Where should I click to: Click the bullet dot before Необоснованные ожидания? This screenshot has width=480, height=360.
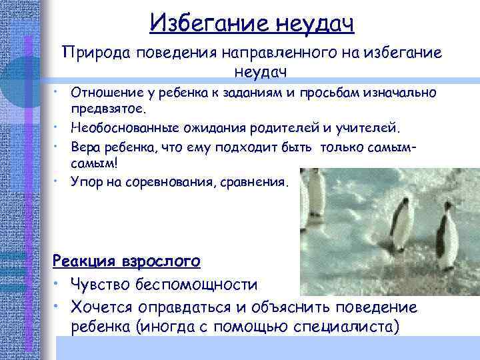coord(61,124)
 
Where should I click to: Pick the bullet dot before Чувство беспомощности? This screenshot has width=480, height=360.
coord(61,285)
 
